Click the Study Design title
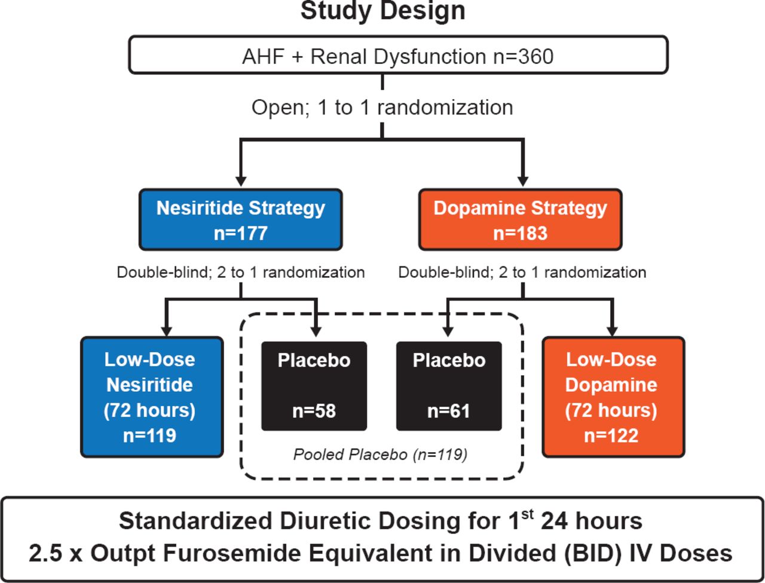(382, 11)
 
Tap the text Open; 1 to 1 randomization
(382, 108)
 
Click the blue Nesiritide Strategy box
(240, 219)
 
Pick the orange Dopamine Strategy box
(520, 219)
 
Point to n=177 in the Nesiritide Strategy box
(240, 233)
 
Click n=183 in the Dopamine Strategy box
(520, 233)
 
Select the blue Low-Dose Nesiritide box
(151, 397)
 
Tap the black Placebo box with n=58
(314, 386)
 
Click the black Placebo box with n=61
(449, 386)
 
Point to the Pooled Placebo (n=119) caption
(380, 455)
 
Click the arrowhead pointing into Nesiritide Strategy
(240, 180)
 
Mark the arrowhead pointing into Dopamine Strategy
(523, 180)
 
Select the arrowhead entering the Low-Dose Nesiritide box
(167, 330)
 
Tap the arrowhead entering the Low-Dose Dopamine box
(611, 330)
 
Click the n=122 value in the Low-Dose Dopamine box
(611, 435)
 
